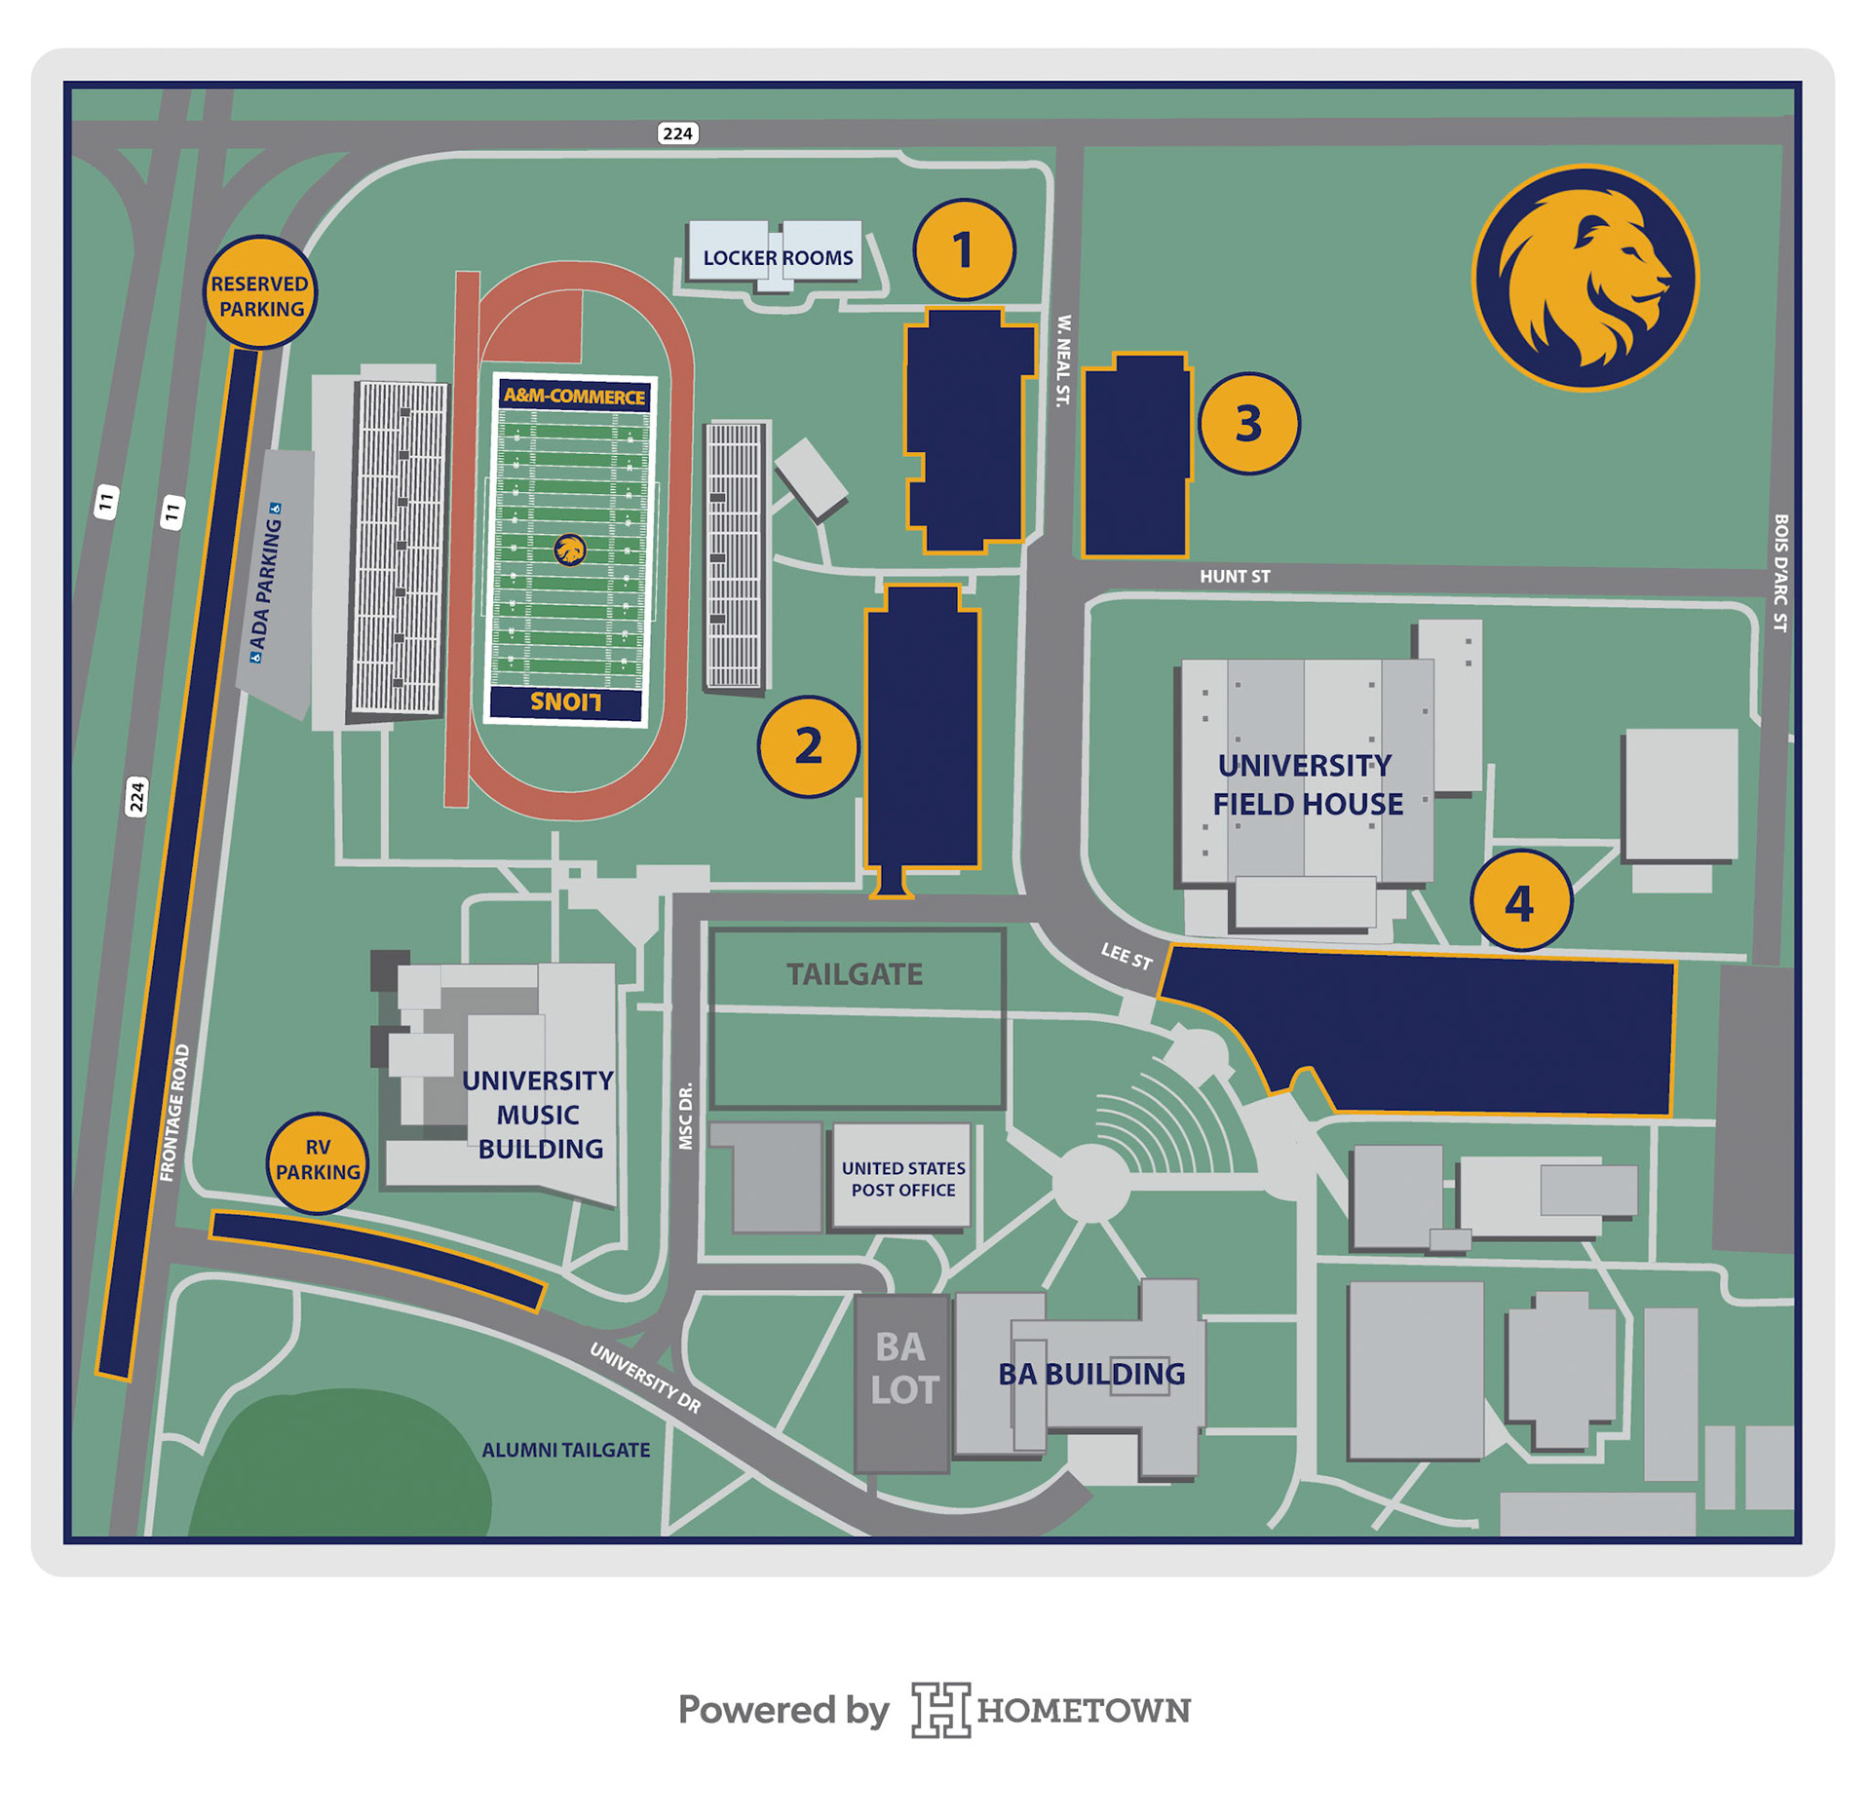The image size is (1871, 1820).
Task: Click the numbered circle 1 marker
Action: pyautogui.click(x=964, y=250)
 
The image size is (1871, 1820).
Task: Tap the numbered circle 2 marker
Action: pyautogui.click(x=808, y=747)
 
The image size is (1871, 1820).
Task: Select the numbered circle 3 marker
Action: pyautogui.click(x=1248, y=424)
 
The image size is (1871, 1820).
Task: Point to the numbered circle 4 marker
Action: pyautogui.click(x=1520, y=901)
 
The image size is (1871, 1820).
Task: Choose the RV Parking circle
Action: pyautogui.click(x=318, y=1161)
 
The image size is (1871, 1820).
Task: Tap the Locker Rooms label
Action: pyautogui.click(x=778, y=258)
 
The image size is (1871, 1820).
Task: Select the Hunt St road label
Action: pyautogui.click(x=1235, y=577)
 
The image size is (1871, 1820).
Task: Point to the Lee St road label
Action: pyautogui.click(x=1126, y=956)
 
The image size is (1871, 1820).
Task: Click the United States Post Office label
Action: pyautogui.click(x=903, y=1179)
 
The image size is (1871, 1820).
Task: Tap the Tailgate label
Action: pyautogui.click(x=855, y=974)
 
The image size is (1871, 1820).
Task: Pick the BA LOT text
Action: pyautogui.click(x=903, y=1369)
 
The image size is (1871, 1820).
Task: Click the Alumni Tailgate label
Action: pyautogui.click(x=566, y=1451)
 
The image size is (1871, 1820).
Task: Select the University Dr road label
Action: pyautogui.click(x=645, y=1378)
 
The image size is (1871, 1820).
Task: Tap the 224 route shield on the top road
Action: pyautogui.click(x=677, y=133)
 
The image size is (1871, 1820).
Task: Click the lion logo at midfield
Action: pyautogui.click(x=570, y=550)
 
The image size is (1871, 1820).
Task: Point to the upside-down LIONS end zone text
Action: pyautogui.click(x=566, y=702)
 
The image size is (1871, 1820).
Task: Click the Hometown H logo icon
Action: pyautogui.click(x=940, y=1710)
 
